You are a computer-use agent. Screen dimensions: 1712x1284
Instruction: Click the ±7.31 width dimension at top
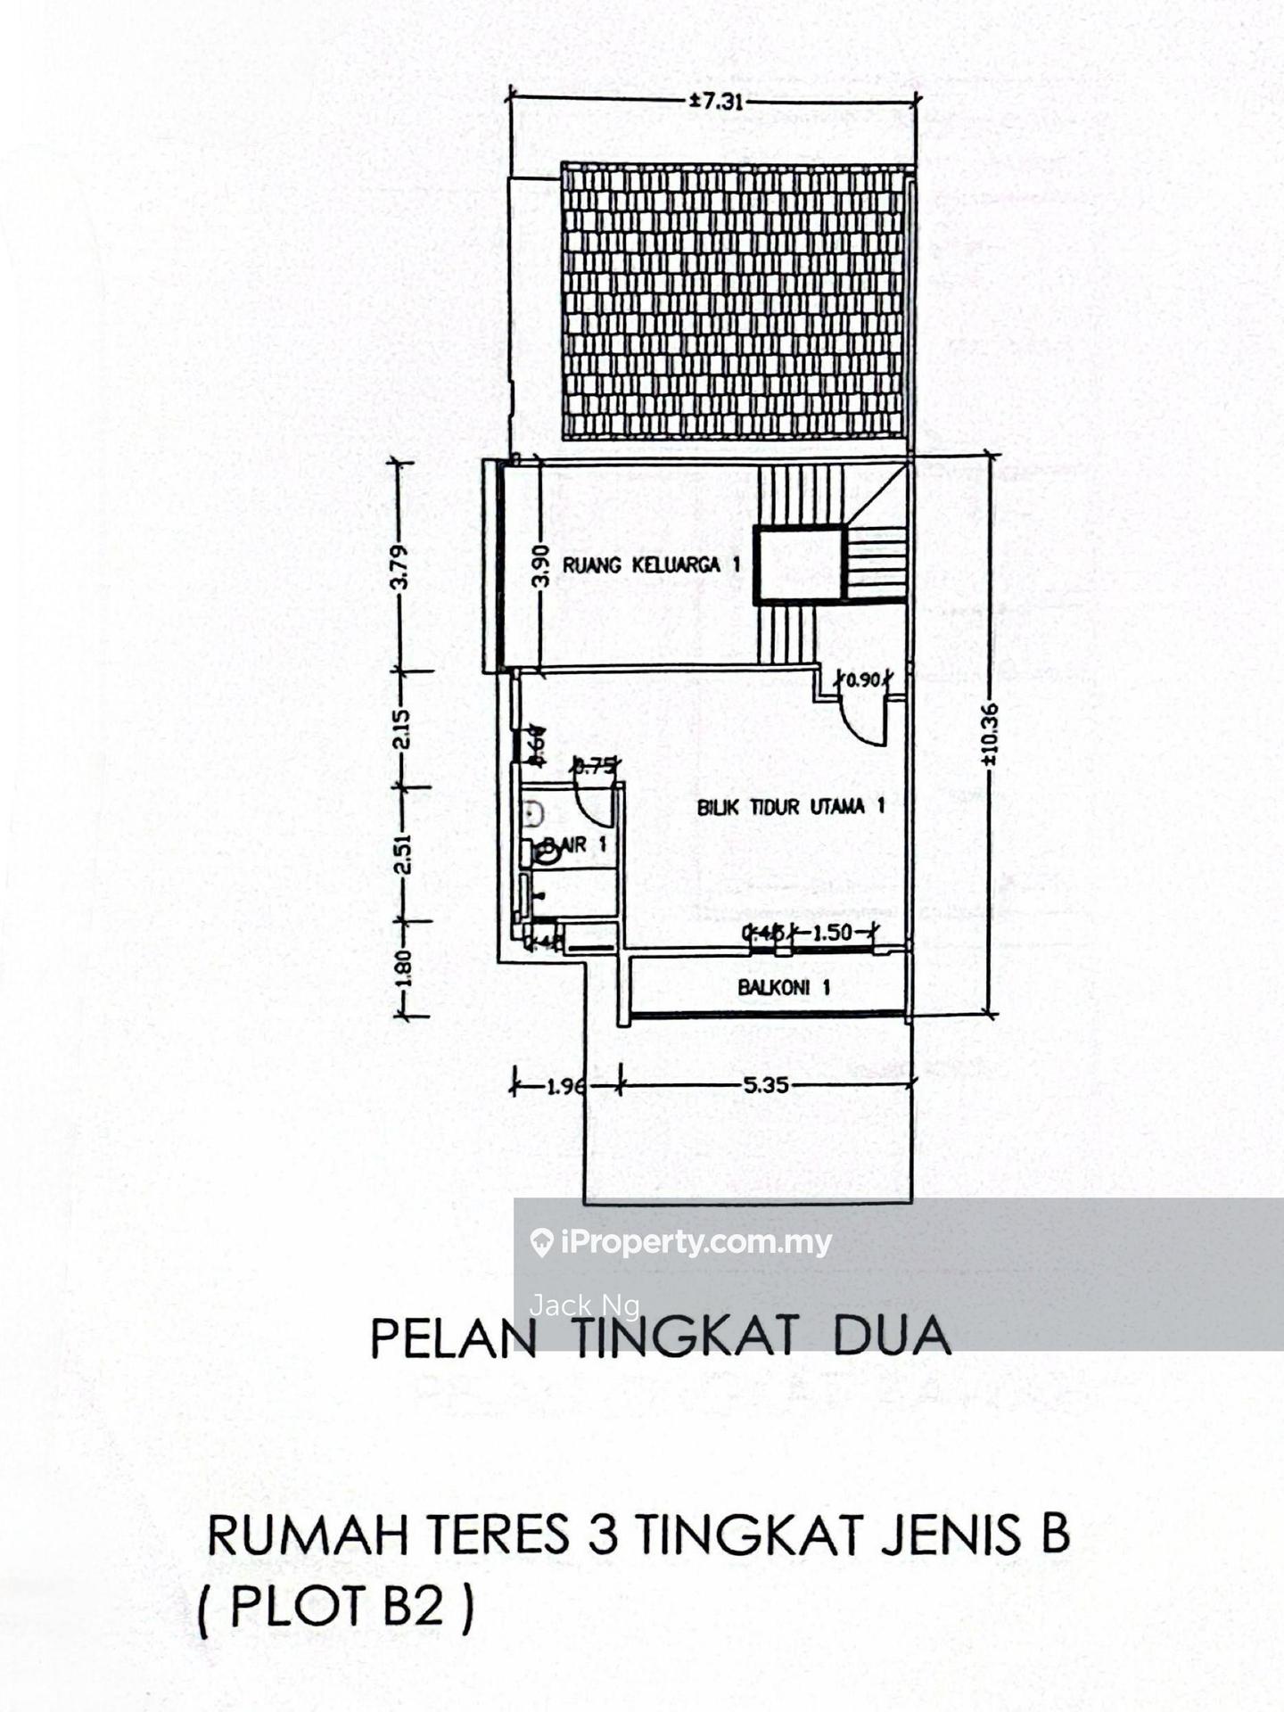(715, 102)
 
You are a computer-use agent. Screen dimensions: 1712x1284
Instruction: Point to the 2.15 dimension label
(401, 728)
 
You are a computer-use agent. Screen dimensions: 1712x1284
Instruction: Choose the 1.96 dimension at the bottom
(565, 1086)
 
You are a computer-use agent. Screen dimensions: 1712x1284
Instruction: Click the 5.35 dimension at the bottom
(766, 1086)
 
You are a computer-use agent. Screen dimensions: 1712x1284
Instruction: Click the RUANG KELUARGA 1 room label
(651, 564)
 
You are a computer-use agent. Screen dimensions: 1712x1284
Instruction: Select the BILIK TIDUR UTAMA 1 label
(790, 807)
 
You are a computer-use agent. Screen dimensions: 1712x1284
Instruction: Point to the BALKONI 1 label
(784, 987)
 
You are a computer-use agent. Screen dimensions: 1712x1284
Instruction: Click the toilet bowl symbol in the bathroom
(546, 852)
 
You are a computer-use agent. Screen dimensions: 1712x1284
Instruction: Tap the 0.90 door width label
(861, 680)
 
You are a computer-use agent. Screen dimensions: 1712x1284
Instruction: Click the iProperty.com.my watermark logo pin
(541, 1242)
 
